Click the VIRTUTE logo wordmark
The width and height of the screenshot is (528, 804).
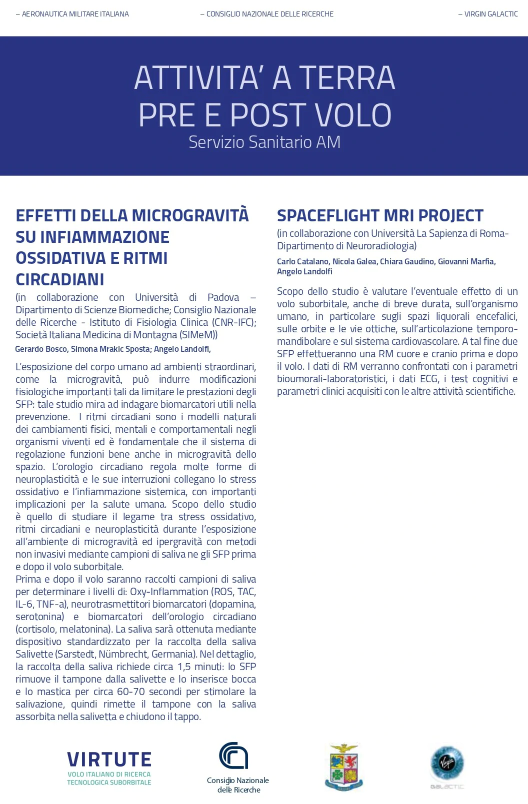pos(109,760)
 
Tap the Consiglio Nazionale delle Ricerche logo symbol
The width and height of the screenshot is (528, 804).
pos(233,756)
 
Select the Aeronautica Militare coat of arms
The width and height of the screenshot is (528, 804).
pos(344,766)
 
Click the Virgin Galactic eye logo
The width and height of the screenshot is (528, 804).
pos(447,763)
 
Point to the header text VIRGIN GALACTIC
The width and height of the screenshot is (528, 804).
pos(490,14)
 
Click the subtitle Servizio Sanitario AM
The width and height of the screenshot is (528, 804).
pos(264,142)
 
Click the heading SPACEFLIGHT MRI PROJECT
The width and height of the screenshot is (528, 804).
pos(380,215)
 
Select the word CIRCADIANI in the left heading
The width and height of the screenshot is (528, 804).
pos(60,279)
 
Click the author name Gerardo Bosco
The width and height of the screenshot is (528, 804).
pos(41,349)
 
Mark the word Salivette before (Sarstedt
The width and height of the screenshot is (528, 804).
pos(34,654)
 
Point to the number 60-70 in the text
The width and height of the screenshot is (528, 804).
pos(130,692)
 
